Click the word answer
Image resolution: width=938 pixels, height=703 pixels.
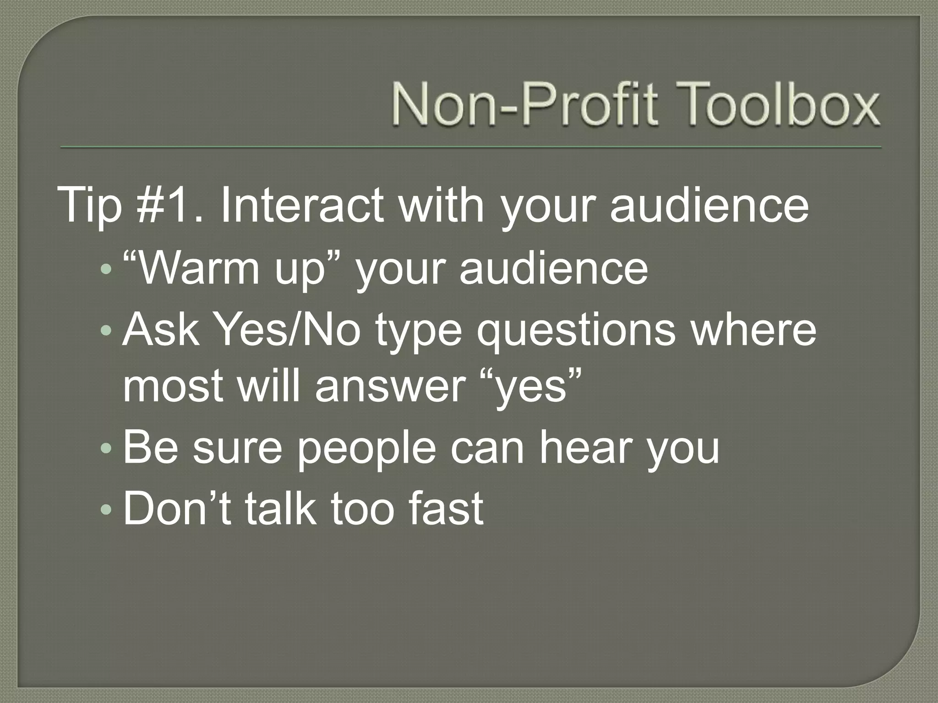(390, 387)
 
